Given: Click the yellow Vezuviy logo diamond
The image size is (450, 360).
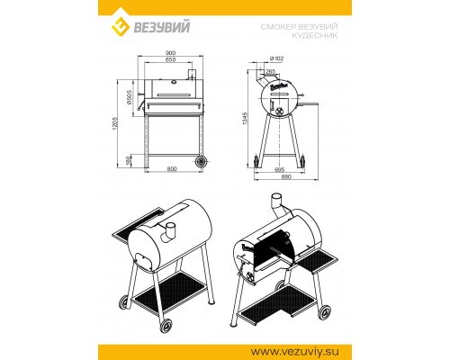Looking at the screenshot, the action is pyautogui.click(x=121, y=26).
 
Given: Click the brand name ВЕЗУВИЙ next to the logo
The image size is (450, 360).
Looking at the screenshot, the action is pyautogui.click(x=161, y=26).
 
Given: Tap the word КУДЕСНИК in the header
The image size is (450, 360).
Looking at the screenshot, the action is pyautogui.click(x=315, y=35).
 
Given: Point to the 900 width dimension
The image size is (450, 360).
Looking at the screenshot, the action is pyautogui.click(x=170, y=53).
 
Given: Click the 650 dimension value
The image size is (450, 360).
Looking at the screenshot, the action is pyautogui.click(x=170, y=59).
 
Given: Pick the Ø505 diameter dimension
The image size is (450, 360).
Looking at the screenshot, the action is pyautogui.click(x=130, y=97).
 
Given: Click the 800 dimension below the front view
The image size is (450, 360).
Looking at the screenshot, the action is pyautogui.click(x=172, y=169).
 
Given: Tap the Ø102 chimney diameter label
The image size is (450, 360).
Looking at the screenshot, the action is pyautogui.click(x=276, y=59).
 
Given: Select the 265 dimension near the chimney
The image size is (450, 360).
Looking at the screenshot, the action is pyautogui.click(x=271, y=71).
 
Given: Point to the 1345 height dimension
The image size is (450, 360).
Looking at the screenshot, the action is pyautogui.click(x=245, y=118).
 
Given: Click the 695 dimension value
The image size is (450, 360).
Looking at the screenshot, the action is pyautogui.click(x=279, y=170).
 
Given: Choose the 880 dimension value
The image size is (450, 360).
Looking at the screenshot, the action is pyautogui.click(x=287, y=177).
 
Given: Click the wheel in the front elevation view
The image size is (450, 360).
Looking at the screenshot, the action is pyautogui.click(x=202, y=162).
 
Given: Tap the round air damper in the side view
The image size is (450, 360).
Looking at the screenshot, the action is pyautogui.click(x=279, y=111).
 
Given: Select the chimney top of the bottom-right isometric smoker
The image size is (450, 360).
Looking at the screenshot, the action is pyautogui.click(x=277, y=198).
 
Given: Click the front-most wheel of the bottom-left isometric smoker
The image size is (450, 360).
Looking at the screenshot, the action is pyautogui.click(x=166, y=326).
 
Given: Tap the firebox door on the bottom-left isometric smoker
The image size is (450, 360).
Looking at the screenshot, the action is pyautogui.click(x=141, y=260).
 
